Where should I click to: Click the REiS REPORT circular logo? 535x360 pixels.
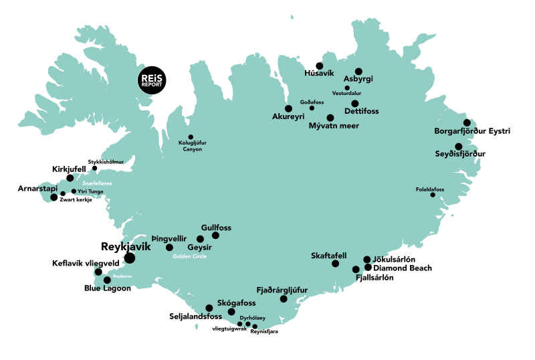coord(151,81)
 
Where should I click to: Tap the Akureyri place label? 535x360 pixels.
coord(288,117)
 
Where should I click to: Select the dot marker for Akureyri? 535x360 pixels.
coord(288,108)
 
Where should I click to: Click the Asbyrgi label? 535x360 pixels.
coord(358,79)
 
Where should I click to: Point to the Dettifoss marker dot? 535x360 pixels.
coord(355,103)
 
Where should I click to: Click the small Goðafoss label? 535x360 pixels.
coord(312,102)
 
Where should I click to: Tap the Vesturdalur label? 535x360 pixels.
coord(346,94)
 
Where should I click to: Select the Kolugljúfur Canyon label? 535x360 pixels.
coord(192,146)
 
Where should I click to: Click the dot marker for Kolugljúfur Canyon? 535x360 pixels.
coord(191,137)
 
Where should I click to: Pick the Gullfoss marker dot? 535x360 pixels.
coord(215,236)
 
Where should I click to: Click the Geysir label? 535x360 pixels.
coord(200,247)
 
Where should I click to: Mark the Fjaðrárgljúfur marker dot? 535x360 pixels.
coord(283,299)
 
